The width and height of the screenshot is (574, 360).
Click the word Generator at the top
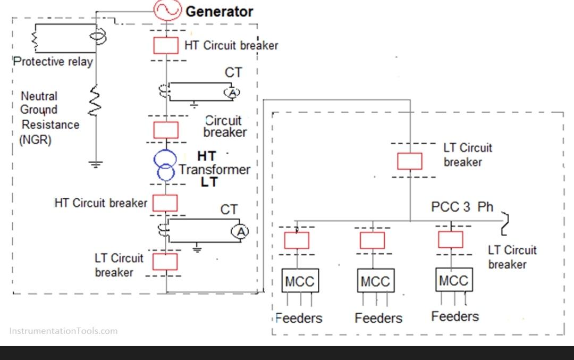pyautogui.click(x=219, y=11)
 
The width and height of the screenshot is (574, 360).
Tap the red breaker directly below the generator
pyautogui.click(x=166, y=46)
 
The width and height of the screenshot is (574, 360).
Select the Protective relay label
pyautogui.click(x=53, y=62)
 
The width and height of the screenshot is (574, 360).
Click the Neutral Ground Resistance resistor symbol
pyautogui.click(x=96, y=102)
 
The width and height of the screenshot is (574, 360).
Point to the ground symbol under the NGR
pyautogui.click(x=96, y=164)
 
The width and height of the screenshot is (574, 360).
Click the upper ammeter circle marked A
pyautogui.click(x=232, y=93)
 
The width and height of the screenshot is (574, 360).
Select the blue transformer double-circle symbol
pyautogui.click(x=165, y=165)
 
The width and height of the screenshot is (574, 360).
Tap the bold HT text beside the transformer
pyautogui.click(x=206, y=156)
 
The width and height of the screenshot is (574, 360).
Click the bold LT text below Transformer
pyautogui.click(x=209, y=182)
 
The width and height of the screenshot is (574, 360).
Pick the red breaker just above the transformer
pyautogui.click(x=166, y=129)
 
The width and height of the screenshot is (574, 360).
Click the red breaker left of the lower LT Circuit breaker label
pyautogui.click(x=165, y=261)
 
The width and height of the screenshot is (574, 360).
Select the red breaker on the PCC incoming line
pyautogui.click(x=410, y=161)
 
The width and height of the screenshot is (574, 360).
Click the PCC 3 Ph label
pyautogui.click(x=462, y=207)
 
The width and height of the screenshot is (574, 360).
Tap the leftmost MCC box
pyautogui.click(x=300, y=281)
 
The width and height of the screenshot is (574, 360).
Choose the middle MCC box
pyautogui.click(x=375, y=281)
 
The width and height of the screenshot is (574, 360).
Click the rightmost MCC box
pyautogui.click(x=453, y=280)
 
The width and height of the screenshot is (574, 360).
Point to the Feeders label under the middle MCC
pyautogui.click(x=378, y=318)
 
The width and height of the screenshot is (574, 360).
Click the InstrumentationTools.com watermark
pyautogui.click(x=63, y=331)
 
